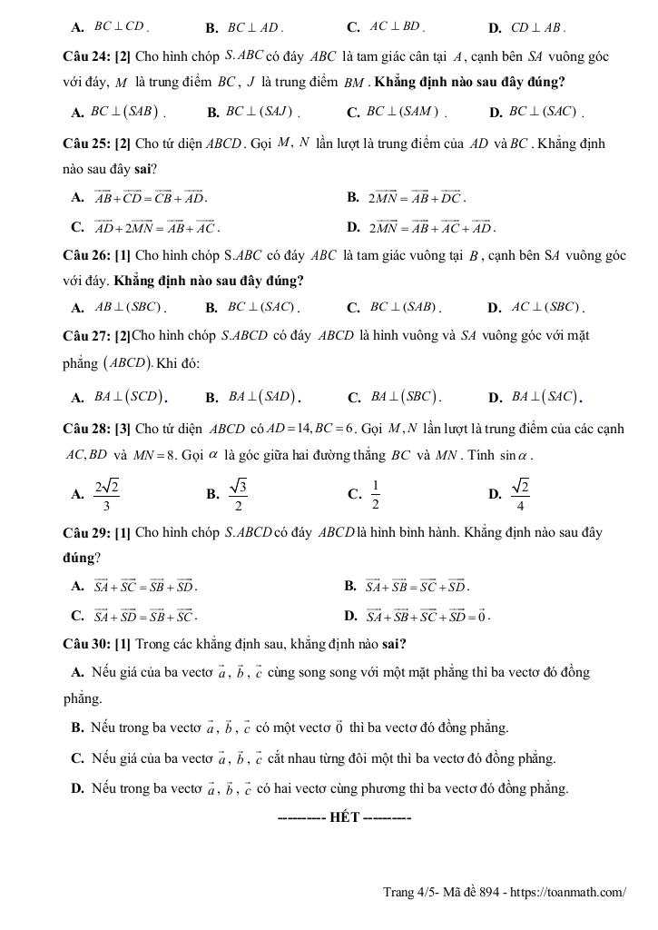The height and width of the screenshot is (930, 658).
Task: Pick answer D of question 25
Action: [x=429, y=226]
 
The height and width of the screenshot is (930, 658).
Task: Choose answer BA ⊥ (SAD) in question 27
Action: [x=264, y=397]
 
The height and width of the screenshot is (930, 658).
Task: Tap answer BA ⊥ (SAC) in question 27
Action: [x=545, y=397]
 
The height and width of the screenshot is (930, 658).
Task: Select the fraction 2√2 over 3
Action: [x=107, y=494]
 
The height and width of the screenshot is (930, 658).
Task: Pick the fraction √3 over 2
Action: [x=238, y=494]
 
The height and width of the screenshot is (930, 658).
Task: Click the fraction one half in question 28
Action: [x=375, y=494]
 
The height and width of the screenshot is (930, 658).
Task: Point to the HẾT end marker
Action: [x=345, y=818]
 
